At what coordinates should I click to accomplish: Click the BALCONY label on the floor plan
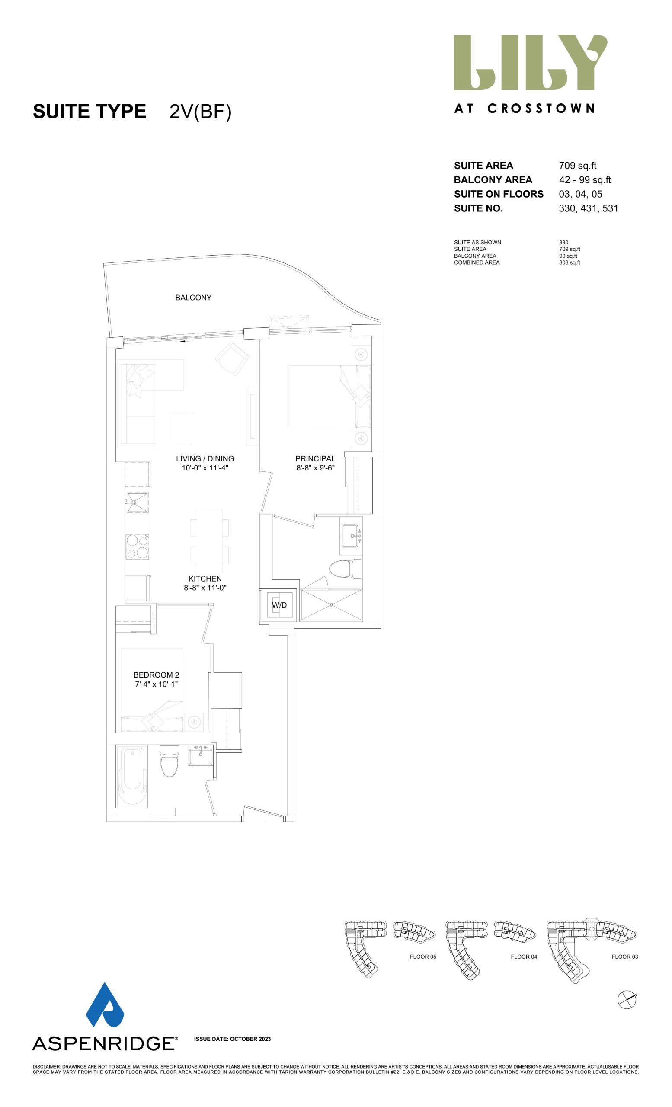193,298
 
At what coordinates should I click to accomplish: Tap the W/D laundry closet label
279,605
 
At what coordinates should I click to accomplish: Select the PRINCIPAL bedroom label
315,458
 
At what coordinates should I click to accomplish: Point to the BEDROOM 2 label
156,675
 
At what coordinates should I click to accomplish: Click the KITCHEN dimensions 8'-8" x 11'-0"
205,588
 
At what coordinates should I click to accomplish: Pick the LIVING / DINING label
205,458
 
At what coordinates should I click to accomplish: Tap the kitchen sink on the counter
138,501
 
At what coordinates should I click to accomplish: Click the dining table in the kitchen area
209,537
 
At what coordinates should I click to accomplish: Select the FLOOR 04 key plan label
524,957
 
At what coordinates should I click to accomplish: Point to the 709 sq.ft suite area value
578,165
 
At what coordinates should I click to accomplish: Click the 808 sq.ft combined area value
570,262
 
